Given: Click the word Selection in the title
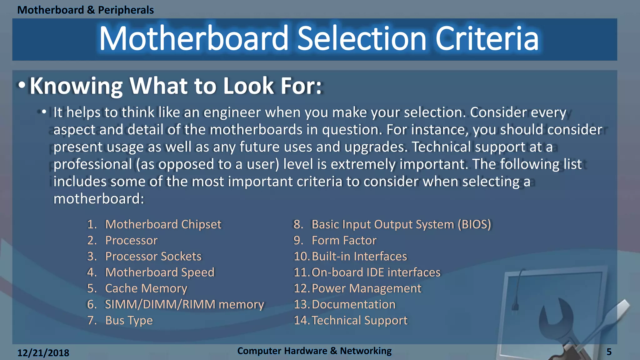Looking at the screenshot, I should [x=362, y=39].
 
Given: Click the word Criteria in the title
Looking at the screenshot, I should [x=487, y=39].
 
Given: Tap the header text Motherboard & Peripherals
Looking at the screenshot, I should [x=85, y=10].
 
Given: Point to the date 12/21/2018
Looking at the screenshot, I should [x=43, y=353].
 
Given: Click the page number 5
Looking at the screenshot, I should [x=609, y=352].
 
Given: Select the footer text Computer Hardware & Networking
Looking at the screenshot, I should [x=314, y=351].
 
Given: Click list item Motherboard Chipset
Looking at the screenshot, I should [x=163, y=224].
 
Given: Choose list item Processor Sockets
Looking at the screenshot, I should [x=153, y=256].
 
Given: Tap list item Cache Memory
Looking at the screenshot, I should [x=146, y=288].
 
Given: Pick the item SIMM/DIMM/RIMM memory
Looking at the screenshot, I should [x=184, y=304].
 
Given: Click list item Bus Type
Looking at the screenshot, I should [x=129, y=320].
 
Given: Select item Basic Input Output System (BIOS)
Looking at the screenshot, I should [x=401, y=224].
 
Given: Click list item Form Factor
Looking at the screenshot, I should [x=344, y=240].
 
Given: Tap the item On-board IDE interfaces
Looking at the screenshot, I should [x=376, y=272].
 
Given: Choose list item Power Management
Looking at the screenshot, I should [x=366, y=288].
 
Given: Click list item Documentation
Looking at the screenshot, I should [x=353, y=304].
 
